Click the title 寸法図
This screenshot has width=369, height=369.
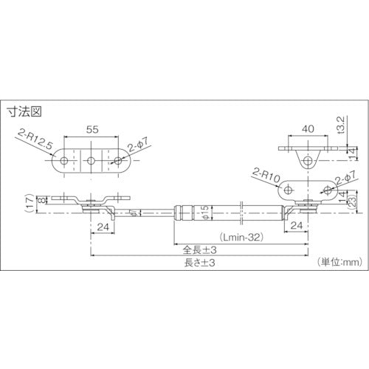coord(24,111)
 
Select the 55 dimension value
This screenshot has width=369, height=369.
coord(92,129)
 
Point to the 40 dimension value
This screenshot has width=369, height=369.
coord(308,128)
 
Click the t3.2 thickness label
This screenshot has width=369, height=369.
coord(342,125)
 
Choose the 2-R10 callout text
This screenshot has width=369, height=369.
coord(266,176)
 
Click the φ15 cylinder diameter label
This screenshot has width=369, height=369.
coord(206,212)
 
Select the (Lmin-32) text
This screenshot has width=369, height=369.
coord(242,237)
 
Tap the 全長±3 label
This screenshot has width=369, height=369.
coord(199,250)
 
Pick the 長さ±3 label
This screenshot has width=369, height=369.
coord(199,263)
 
